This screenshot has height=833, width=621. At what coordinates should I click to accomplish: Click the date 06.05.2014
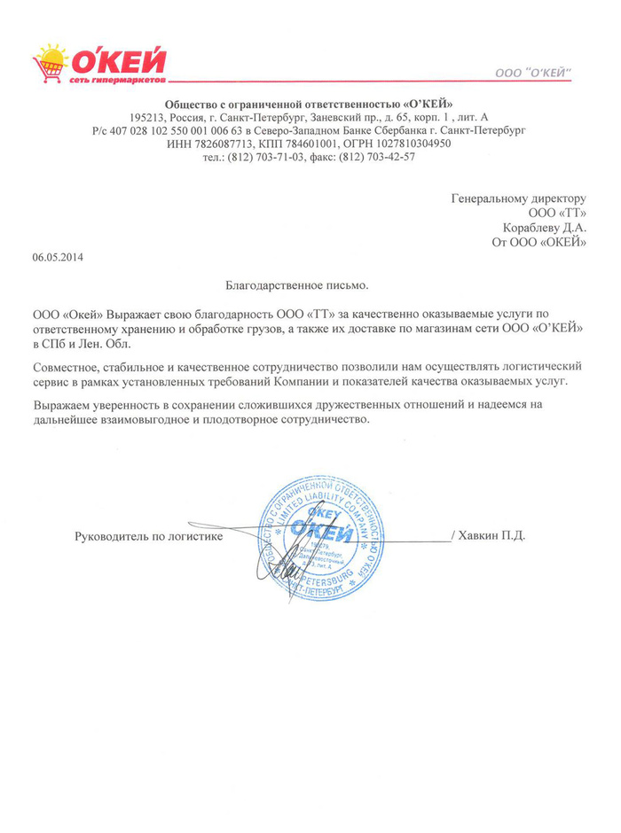(x=58, y=257)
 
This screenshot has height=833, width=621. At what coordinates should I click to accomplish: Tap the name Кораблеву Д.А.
(x=547, y=226)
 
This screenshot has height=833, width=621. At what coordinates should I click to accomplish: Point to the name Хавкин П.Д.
(x=494, y=535)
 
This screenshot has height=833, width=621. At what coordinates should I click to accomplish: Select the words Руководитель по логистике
(x=148, y=536)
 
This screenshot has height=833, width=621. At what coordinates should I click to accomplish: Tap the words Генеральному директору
(x=519, y=198)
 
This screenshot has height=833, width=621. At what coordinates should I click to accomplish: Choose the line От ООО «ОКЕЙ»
(x=539, y=241)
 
